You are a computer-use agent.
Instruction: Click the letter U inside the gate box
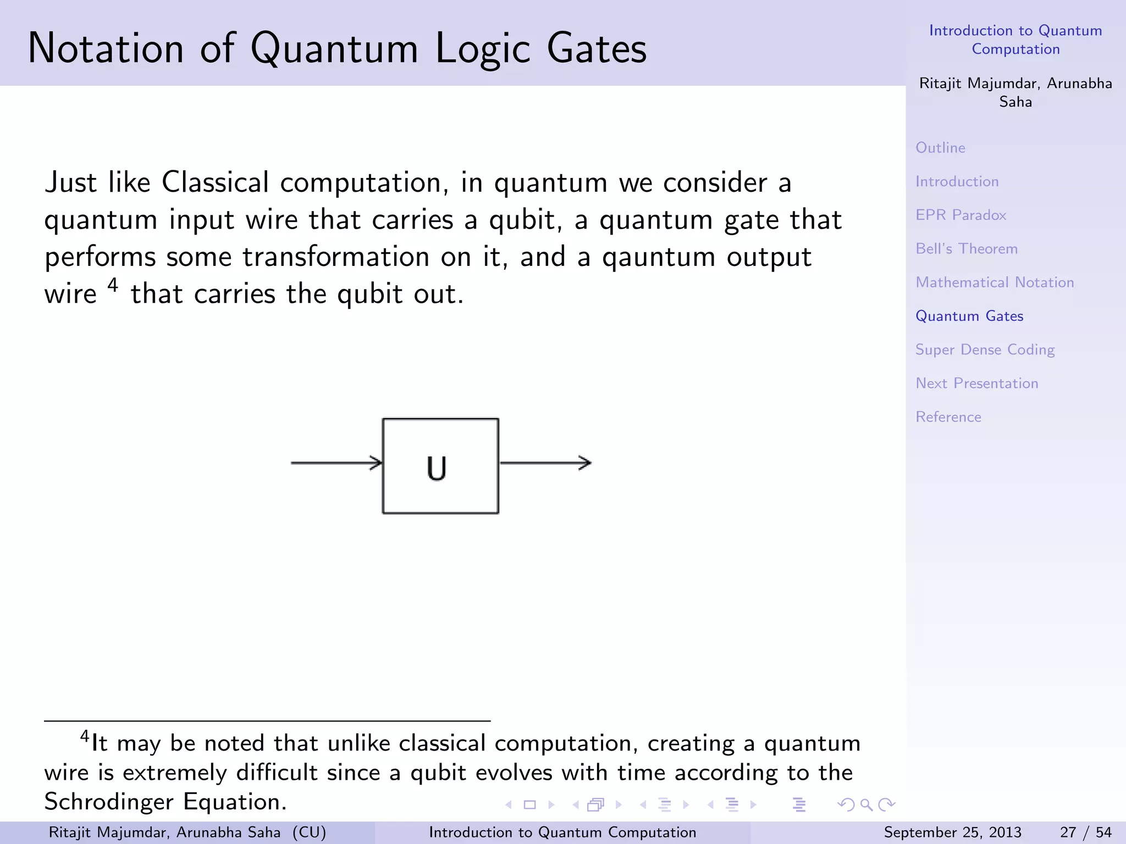pos(437,468)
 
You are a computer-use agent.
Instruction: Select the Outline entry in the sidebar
pos(940,148)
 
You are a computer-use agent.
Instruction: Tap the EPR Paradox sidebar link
pos(961,215)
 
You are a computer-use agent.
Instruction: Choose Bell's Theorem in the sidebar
pos(966,248)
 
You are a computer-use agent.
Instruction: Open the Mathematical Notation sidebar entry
pos(994,282)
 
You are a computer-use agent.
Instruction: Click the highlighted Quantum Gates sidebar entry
pos(969,316)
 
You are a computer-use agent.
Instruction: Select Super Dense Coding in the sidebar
pos(985,349)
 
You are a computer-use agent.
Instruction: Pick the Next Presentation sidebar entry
pos(976,383)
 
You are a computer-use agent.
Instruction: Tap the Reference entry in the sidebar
pos(948,417)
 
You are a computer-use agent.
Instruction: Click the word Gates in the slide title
pos(596,48)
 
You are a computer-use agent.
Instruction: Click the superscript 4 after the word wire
pos(113,285)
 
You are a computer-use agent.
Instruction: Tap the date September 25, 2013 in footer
pos(952,832)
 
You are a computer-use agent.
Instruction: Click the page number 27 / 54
pos(1085,832)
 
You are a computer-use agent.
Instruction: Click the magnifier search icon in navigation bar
pos(866,805)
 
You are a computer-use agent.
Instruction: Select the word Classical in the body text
pos(215,182)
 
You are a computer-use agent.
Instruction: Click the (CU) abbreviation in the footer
pos(309,832)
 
